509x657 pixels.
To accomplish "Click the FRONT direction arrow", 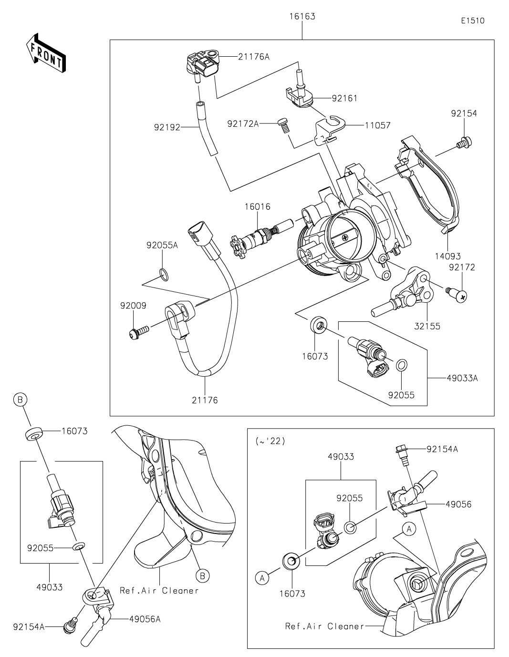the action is [x=45, y=53].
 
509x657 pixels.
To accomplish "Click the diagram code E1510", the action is [x=473, y=21].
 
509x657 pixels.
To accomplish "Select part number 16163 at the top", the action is [x=302, y=16].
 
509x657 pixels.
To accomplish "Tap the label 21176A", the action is [x=253, y=57].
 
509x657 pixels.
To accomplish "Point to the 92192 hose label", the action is [x=167, y=127].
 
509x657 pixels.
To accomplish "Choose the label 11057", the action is [x=378, y=125].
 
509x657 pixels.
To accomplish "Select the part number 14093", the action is [x=448, y=256].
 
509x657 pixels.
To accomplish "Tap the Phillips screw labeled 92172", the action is [x=458, y=295].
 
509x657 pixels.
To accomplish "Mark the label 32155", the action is [x=427, y=326].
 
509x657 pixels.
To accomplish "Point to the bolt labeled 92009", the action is [x=139, y=332].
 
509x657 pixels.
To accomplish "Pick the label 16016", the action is [x=258, y=207].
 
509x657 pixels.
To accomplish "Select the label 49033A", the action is [x=462, y=378].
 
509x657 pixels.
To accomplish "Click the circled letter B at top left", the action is [x=20, y=400].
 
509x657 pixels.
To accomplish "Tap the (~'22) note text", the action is [x=270, y=441].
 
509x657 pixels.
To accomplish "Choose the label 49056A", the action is [x=145, y=619].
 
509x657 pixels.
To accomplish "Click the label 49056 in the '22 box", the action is [x=458, y=504].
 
